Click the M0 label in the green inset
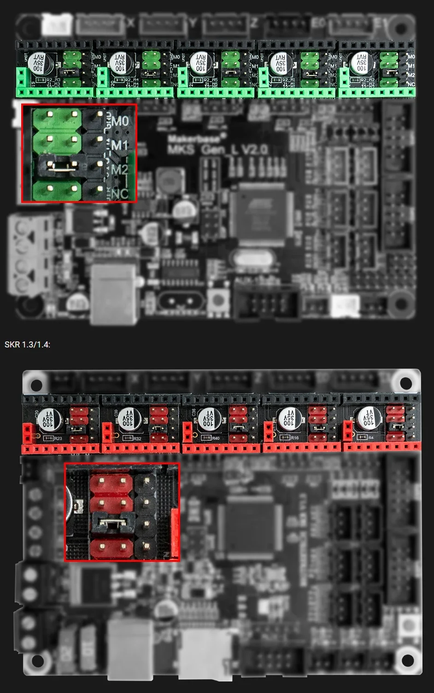tap(120, 121)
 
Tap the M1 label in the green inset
tap(120, 145)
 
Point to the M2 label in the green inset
tap(119, 170)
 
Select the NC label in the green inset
tap(120, 194)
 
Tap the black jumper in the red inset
tap(112, 523)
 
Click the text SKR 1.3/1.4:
tap(27, 345)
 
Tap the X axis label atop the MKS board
tap(131, 22)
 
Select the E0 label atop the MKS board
tap(318, 22)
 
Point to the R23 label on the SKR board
tap(59, 439)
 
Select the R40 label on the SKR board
tap(216, 438)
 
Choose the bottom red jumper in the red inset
tap(112, 547)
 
